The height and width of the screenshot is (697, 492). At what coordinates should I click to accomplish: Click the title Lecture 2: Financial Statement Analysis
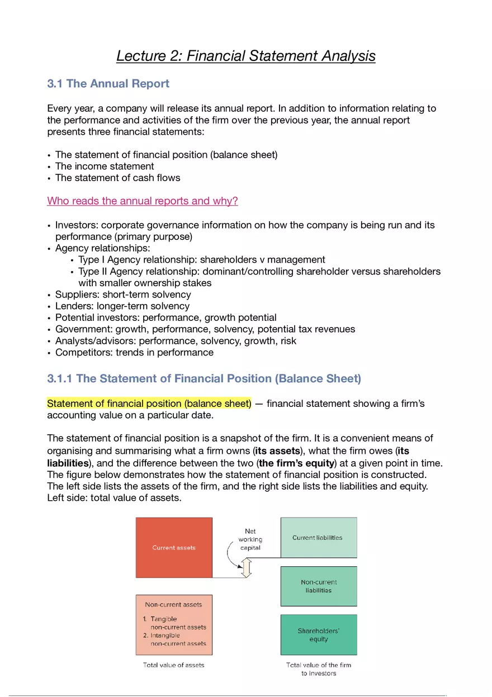(x=245, y=56)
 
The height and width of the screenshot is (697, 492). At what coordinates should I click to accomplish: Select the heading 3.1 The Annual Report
(x=108, y=84)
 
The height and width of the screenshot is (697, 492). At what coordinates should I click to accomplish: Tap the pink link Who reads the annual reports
(x=142, y=201)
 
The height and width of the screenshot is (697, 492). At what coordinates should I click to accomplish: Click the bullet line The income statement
(x=105, y=166)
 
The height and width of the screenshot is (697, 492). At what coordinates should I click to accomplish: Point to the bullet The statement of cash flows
(x=117, y=178)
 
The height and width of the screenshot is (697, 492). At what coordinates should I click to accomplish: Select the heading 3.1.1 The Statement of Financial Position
(x=204, y=378)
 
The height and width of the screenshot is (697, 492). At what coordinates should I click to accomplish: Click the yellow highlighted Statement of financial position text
(x=149, y=404)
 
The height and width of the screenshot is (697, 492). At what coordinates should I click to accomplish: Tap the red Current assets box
(x=174, y=547)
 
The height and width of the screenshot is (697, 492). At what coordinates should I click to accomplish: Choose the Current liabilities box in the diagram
(x=318, y=537)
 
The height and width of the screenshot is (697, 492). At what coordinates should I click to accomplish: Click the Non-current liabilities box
(x=318, y=586)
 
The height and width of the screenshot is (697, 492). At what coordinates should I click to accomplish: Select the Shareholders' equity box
(x=318, y=635)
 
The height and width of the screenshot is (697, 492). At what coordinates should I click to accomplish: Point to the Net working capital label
(x=250, y=539)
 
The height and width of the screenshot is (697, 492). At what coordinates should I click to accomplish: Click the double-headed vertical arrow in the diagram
(x=247, y=568)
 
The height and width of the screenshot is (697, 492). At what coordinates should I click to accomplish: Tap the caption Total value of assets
(x=174, y=665)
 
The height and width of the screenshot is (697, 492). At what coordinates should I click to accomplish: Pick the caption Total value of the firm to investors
(x=319, y=669)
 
